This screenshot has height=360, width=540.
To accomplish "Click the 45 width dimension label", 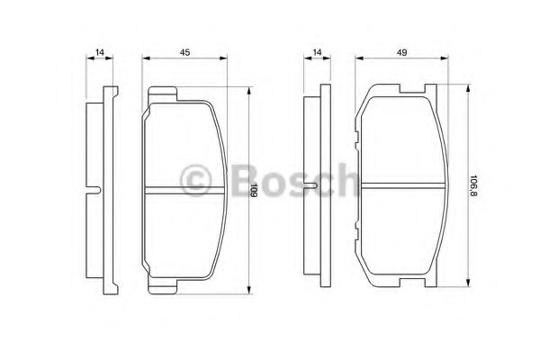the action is point(184,52).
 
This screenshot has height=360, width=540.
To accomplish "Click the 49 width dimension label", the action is point(401,52).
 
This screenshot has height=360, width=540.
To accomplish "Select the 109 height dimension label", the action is point(254,190).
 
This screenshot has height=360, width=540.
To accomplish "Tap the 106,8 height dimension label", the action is point(473,186).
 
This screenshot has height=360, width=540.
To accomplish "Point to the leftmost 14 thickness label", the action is point(100,52).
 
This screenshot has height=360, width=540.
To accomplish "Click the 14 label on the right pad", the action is point(317,52).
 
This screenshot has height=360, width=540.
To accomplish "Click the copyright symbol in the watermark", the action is point(195,181).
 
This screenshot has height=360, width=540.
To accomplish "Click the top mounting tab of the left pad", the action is point(163,93).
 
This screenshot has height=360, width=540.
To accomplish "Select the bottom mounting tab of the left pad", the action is point(163,286).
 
